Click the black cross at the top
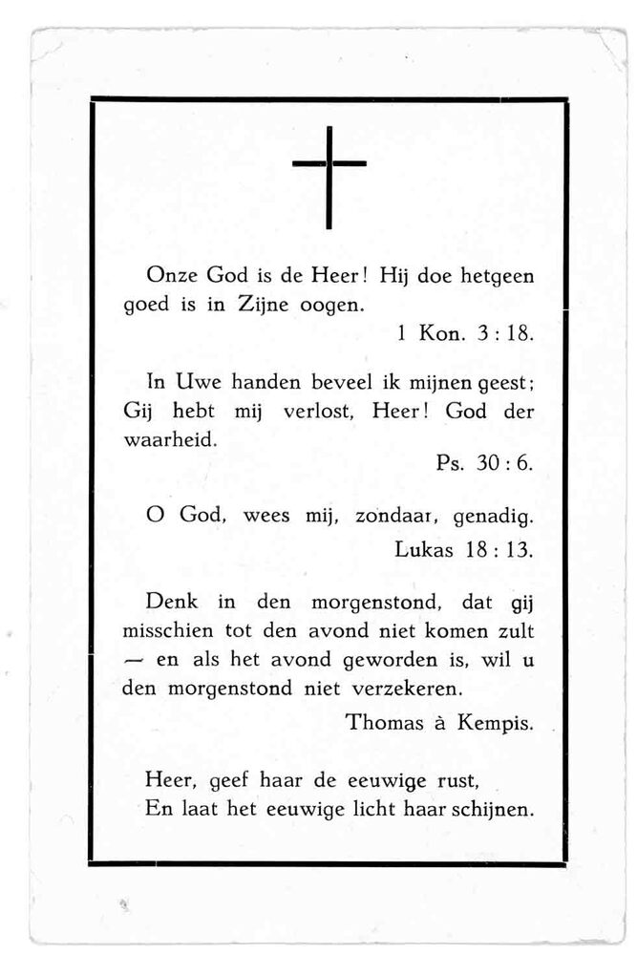[329, 177]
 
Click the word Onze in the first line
[170, 276]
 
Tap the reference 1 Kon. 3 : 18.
[463, 335]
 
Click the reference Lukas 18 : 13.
[463, 549]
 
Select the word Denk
[171, 603]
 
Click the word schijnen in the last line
[496, 809]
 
